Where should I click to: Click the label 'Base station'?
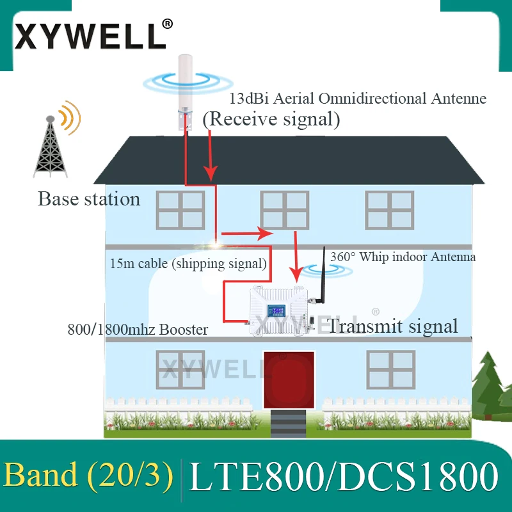point(89,199)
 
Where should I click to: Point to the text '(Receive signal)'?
point(271,118)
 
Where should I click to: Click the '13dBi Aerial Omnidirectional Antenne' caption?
point(358,99)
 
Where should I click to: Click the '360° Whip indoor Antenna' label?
point(403,257)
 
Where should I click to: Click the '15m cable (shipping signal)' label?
point(188,262)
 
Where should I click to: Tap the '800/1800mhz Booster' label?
point(138,330)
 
